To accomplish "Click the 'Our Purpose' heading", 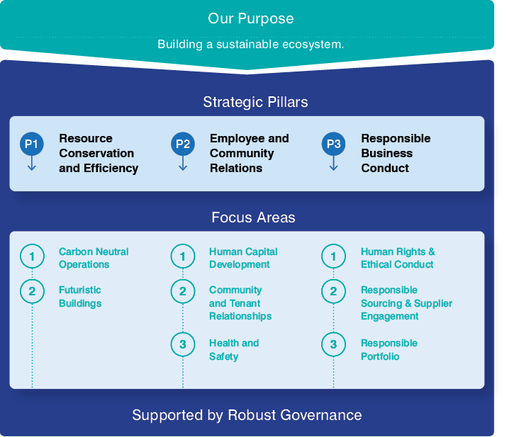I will tap(250, 18).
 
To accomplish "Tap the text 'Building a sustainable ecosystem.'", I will tap(250, 44).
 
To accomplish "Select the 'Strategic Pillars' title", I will tap(255, 102).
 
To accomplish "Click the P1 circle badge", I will tap(32, 144).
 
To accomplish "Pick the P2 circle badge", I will tap(183, 144).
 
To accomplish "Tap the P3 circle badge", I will tap(333, 144).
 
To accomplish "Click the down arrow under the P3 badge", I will tap(333, 164).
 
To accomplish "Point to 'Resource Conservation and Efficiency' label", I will tap(98, 153).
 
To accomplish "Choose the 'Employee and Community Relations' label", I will tap(249, 153).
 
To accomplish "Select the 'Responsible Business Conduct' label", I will tap(395, 153).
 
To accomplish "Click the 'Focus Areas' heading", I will tap(253, 217).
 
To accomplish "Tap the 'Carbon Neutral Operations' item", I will tap(94, 258).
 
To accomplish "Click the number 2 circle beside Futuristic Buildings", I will tap(32, 291).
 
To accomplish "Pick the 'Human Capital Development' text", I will tap(243, 258).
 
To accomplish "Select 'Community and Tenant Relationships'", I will tap(240, 303).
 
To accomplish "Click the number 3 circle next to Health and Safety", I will tap(183, 345).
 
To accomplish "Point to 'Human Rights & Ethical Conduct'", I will tap(397, 258).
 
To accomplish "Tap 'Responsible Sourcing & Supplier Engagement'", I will tap(406, 303).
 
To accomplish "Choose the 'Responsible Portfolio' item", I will tap(389, 349).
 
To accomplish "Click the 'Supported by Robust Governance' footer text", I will tap(247, 415).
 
